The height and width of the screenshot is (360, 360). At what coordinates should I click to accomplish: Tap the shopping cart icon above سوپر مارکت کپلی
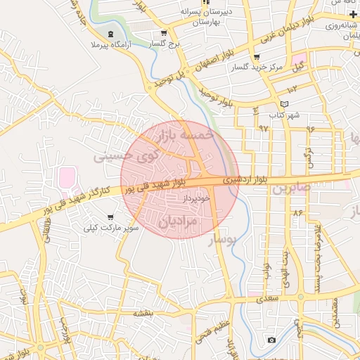[110, 218]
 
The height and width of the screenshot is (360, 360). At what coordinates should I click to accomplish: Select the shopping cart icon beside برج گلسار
[164, 32]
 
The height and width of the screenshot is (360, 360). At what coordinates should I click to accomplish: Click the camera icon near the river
[271, 340]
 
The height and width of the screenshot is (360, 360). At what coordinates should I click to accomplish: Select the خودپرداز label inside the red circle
[195, 200]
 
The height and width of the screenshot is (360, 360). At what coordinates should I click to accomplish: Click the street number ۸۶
[298, 211]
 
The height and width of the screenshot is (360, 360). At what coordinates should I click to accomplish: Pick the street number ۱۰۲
[292, 89]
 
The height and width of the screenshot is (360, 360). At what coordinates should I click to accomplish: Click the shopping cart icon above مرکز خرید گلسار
[256, 57]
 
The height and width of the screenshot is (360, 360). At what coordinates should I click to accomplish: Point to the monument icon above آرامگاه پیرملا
[109, 33]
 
